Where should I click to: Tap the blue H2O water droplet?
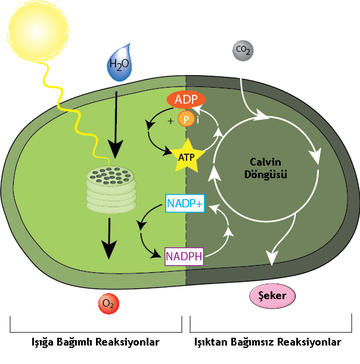pyautogui.click(x=120, y=64)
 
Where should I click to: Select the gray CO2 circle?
pyautogui.click(x=243, y=51)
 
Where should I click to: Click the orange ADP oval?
pyautogui.click(x=186, y=99)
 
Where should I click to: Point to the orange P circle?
pyautogui.click(x=187, y=120)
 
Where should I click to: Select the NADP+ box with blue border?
pyautogui.click(x=185, y=204)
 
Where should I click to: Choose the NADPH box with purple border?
pyautogui.click(x=184, y=257)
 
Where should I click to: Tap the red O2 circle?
pyautogui.click(x=108, y=304)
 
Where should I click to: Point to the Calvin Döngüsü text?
pyautogui.click(x=265, y=169)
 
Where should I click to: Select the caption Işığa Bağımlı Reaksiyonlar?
pyautogui.click(x=95, y=343)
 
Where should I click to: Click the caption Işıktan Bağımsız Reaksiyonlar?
pyautogui.click(x=268, y=343)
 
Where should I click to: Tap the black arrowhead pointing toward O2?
pyautogui.click(x=109, y=250)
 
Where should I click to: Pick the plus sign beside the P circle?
pyautogui.click(x=171, y=121)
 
